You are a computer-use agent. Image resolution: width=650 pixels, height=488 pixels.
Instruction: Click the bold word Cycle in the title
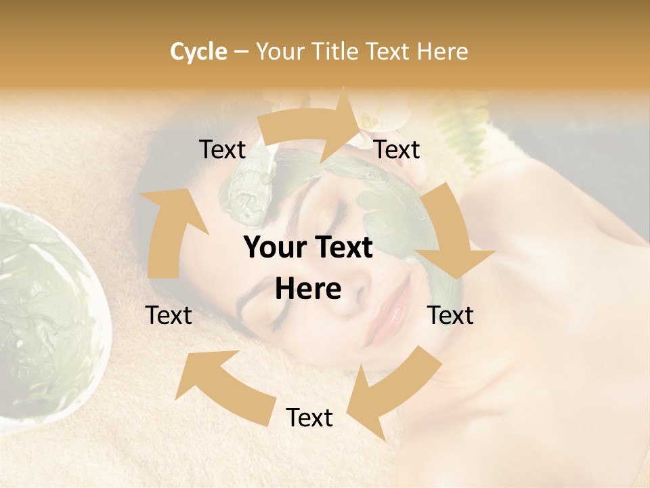click(x=198, y=52)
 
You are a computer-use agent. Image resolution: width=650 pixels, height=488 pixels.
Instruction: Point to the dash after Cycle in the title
click(x=241, y=52)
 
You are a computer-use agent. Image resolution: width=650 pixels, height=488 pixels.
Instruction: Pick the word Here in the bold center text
click(x=308, y=289)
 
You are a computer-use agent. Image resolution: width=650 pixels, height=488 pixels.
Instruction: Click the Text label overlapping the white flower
click(x=397, y=150)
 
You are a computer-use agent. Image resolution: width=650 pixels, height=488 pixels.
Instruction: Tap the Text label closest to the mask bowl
click(x=169, y=315)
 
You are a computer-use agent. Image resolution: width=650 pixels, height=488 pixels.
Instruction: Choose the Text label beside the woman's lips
click(x=450, y=315)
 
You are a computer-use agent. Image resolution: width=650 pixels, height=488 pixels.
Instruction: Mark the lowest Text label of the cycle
click(x=309, y=418)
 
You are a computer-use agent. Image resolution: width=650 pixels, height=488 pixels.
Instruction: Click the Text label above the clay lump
click(x=222, y=150)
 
